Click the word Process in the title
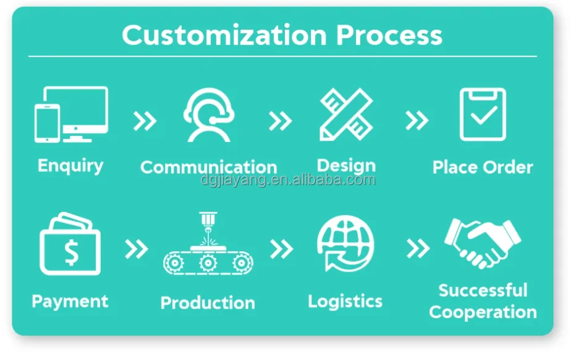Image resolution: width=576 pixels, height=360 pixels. click(389, 35)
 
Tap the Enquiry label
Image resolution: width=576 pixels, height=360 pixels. click(70, 165)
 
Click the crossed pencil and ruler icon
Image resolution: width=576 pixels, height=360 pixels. click(346, 114)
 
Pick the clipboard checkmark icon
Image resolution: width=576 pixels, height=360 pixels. click(483, 114)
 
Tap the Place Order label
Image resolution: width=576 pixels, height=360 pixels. click(483, 167)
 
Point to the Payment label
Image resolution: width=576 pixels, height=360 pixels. click(70, 301)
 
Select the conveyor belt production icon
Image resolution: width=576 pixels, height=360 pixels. click(208, 247)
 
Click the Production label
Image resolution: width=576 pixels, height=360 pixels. click(208, 303)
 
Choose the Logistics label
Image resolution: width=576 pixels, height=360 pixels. click(345, 301)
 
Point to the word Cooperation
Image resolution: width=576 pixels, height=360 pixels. click(483, 312)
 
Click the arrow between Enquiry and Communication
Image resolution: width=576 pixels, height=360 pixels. click(145, 121)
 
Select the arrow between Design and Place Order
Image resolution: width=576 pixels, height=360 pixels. click(417, 121)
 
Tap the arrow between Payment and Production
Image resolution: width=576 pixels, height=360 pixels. click(137, 249)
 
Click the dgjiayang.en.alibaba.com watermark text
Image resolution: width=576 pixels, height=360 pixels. click(288, 180)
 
